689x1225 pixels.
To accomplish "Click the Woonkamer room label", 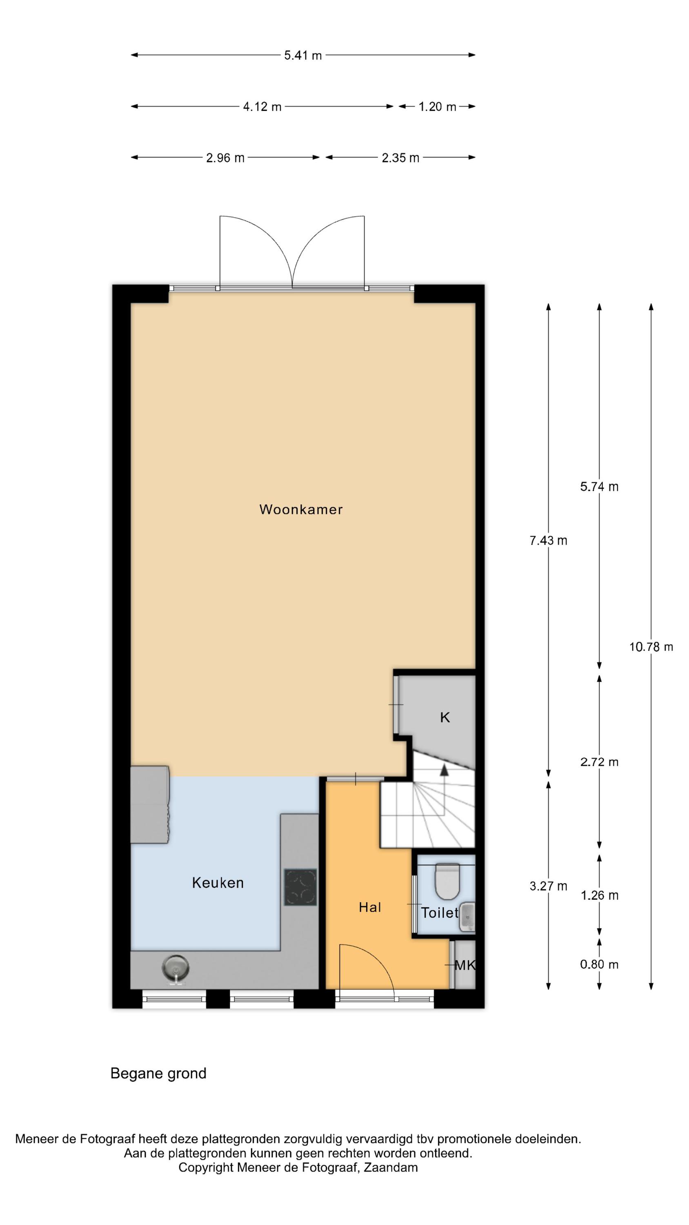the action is pyautogui.click(x=300, y=509).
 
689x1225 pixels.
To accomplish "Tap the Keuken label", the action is pyautogui.click(x=218, y=882).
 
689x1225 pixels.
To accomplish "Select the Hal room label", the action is pyautogui.click(x=369, y=907).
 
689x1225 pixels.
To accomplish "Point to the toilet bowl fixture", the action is pyautogui.click(x=447, y=882).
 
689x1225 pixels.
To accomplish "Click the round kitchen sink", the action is pyautogui.click(x=176, y=968).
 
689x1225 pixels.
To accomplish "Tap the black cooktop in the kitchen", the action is pyautogui.click(x=300, y=887).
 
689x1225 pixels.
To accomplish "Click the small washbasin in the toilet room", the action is pyautogui.click(x=467, y=916).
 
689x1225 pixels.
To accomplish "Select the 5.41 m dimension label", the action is pyautogui.click(x=303, y=55).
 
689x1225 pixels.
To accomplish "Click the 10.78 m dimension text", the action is pyautogui.click(x=651, y=647).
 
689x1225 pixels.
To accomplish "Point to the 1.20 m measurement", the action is pyautogui.click(x=437, y=107).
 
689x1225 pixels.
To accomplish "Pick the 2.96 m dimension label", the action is pyautogui.click(x=225, y=158).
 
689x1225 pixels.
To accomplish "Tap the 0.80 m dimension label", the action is pyautogui.click(x=599, y=964).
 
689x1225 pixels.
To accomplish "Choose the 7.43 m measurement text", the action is pyautogui.click(x=548, y=540).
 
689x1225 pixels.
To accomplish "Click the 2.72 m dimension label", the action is pyautogui.click(x=599, y=762).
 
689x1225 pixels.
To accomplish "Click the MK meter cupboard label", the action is pyautogui.click(x=465, y=965).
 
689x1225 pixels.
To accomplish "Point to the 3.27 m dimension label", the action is pyautogui.click(x=548, y=886).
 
